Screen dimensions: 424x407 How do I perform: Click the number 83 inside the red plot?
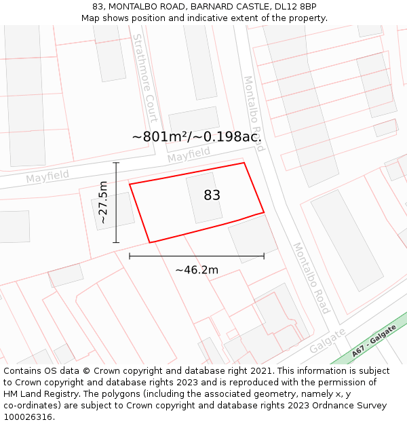click(x=212, y=195)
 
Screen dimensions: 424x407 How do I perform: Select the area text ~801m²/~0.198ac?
click(x=197, y=137)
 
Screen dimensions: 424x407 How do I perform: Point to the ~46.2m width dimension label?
click(x=197, y=270)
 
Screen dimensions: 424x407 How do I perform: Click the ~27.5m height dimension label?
click(x=103, y=202)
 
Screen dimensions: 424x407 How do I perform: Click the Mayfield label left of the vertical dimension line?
click(x=47, y=176)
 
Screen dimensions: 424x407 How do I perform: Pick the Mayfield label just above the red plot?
click(x=189, y=156)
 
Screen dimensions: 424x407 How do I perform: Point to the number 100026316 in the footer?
click(x=28, y=417)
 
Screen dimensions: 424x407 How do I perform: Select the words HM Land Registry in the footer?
click(x=42, y=394)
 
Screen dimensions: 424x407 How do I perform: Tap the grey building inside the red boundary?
click(x=204, y=197)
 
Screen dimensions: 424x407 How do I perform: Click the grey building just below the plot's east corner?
click(x=252, y=238)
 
